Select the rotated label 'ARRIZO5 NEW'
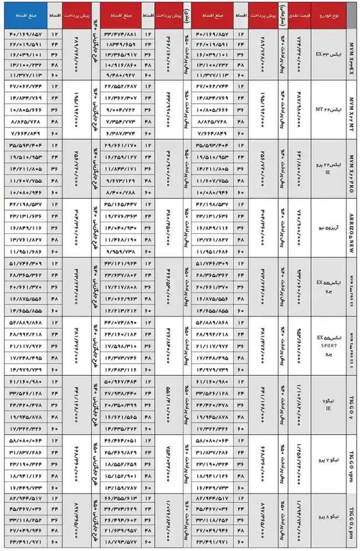tap(350, 227)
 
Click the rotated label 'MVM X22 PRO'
tap(350, 166)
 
